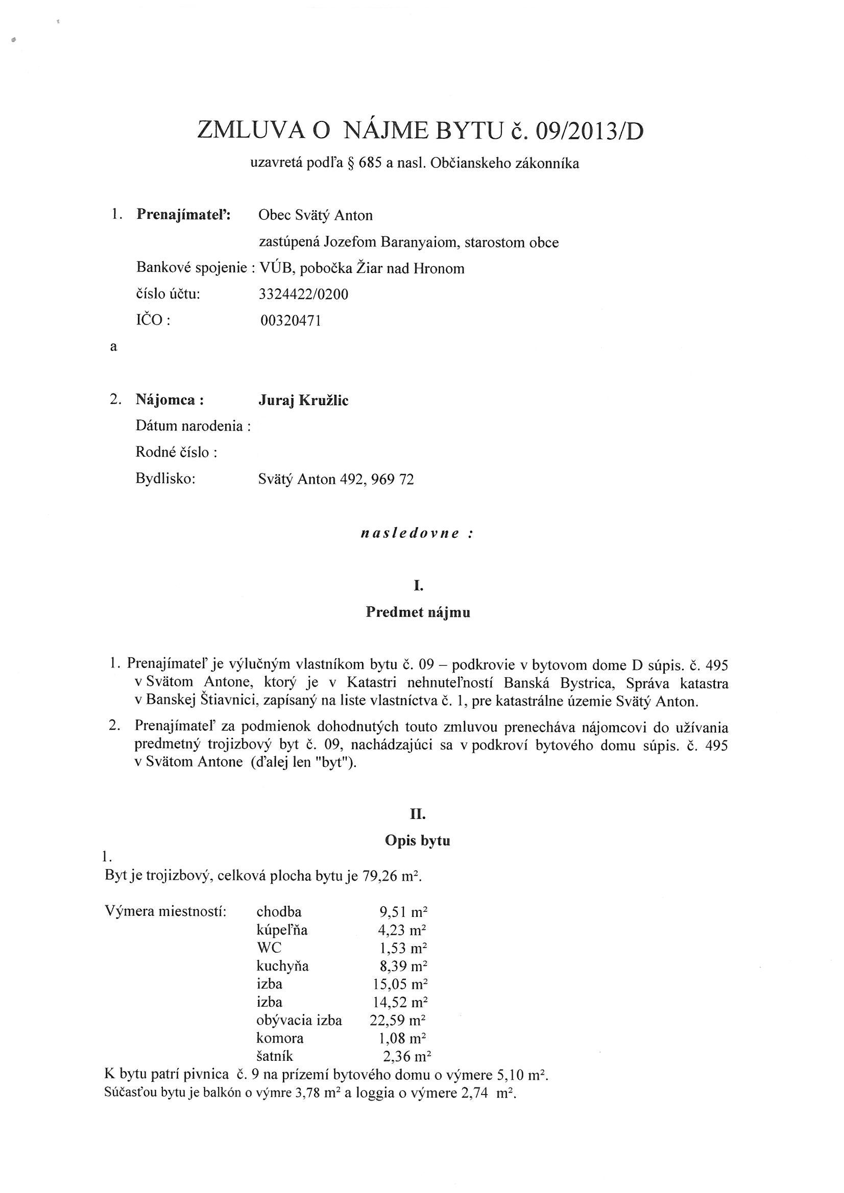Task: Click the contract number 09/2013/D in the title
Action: pos(589,131)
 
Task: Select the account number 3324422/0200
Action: pos(303,294)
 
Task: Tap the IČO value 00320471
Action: pos(291,320)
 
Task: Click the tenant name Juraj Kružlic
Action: pos(303,400)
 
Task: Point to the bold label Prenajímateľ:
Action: pos(183,215)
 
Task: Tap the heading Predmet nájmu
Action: pos(418,612)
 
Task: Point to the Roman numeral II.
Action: pos(418,814)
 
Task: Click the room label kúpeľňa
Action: pos(282,930)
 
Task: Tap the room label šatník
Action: pos(275,1056)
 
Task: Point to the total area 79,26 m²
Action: pos(394,877)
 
